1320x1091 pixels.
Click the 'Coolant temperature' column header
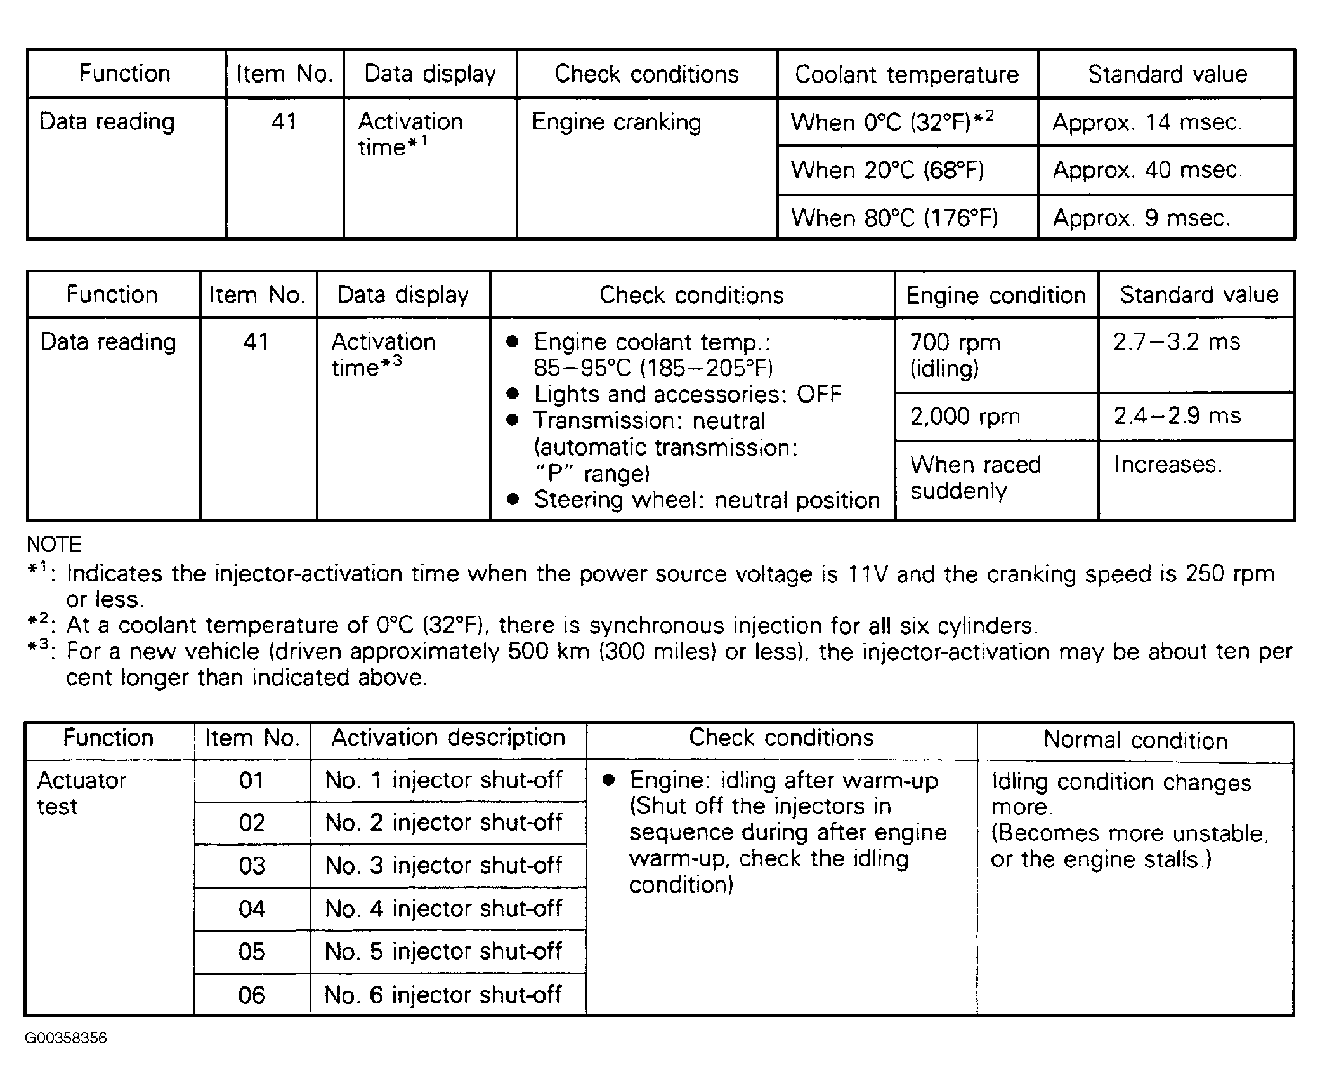pos(906,75)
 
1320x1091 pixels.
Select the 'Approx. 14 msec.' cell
pos(1147,122)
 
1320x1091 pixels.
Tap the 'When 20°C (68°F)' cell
pos(887,170)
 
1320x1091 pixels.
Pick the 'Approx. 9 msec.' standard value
pos(1141,218)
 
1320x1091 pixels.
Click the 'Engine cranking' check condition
pos(616,122)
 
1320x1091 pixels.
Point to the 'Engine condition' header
pos(996,296)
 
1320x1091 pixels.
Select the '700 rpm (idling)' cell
pos(955,355)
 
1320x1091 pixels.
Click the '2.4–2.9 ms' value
pos(1177,416)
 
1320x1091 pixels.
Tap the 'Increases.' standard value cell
pos(1168,465)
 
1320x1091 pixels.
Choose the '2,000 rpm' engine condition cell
pos(965,417)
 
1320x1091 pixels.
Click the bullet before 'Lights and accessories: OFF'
pos(513,394)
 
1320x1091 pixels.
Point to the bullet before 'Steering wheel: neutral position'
pos(513,500)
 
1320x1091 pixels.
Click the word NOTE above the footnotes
pos(54,545)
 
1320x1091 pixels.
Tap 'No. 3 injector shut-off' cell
pos(443,866)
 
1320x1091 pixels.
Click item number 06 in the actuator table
pos(251,995)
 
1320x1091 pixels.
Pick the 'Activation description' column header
pos(448,738)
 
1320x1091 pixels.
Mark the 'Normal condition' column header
pos(1135,741)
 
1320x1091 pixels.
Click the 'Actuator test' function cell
pos(81,793)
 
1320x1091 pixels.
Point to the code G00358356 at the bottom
pos(66,1038)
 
